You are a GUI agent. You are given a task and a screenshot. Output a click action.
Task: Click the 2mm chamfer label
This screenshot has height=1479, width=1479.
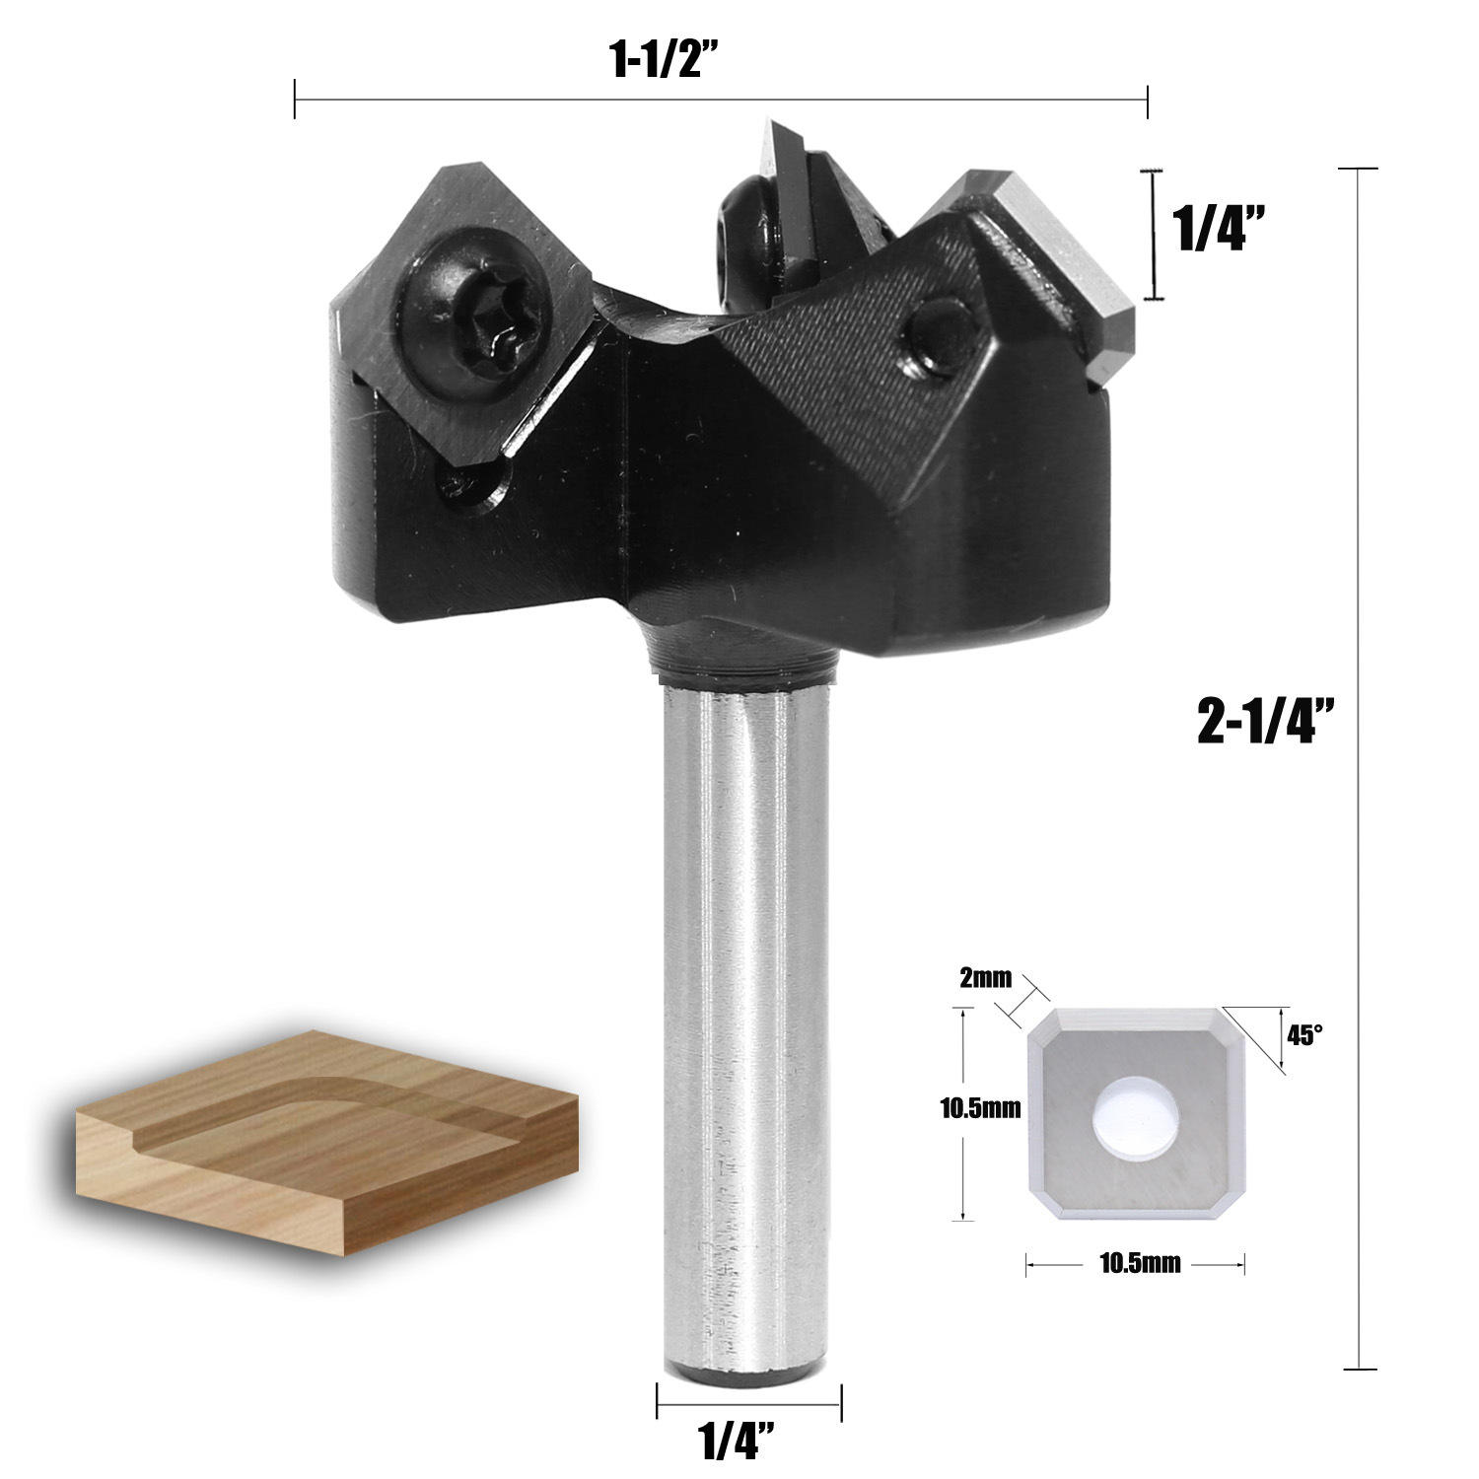[x=985, y=978]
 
